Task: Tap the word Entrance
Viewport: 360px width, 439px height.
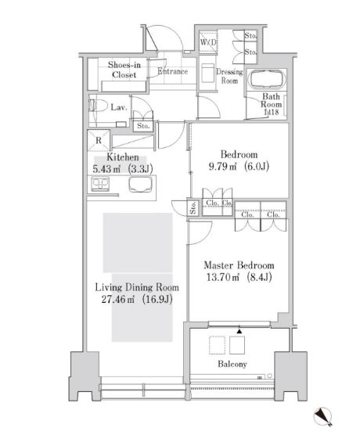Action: point(172,72)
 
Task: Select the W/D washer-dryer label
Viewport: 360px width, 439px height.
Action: point(209,41)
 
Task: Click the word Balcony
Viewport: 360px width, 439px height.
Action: point(232,365)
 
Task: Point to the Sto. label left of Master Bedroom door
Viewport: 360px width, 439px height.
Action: point(193,207)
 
